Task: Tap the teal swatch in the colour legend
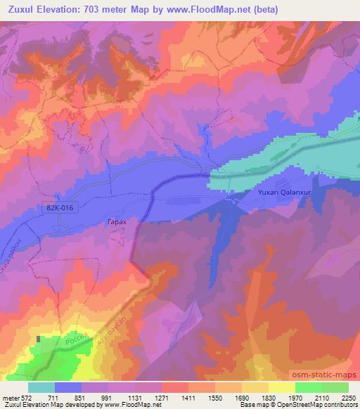[x=41, y=387]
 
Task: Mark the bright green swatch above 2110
[x=309, y=387]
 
